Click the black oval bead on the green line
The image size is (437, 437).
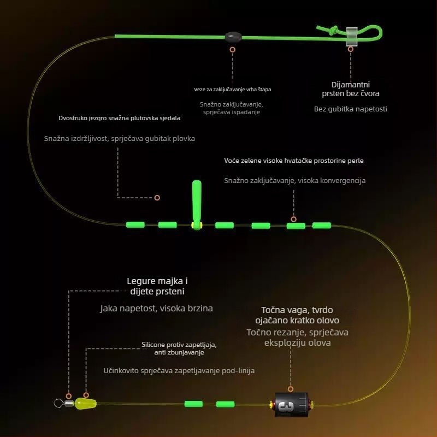click(233, 37)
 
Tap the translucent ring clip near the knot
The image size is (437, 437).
click(352, 36)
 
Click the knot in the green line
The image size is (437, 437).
click(333, 30)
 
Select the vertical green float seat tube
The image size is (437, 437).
click(197, 205)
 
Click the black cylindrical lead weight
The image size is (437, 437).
click(291, 405)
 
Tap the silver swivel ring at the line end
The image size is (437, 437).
click(58, 403)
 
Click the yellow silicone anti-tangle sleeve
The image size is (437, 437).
click(86, 404)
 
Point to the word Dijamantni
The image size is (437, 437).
click(351, 85)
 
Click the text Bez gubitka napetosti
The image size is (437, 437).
click(350, 109)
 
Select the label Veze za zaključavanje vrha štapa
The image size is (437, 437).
click(233, 90)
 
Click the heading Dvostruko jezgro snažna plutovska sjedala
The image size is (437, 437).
click(119, 118)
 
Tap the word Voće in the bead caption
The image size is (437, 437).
click(231, 161)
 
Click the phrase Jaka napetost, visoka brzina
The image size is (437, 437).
click(157, 308)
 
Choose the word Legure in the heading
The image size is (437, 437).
click(141, 281)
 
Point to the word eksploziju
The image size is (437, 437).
click(283, 343)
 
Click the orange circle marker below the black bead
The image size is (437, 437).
click(233, 50)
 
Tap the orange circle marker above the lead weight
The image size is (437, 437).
click(291, 389)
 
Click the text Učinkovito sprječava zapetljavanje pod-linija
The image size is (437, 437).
click(179, 371)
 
